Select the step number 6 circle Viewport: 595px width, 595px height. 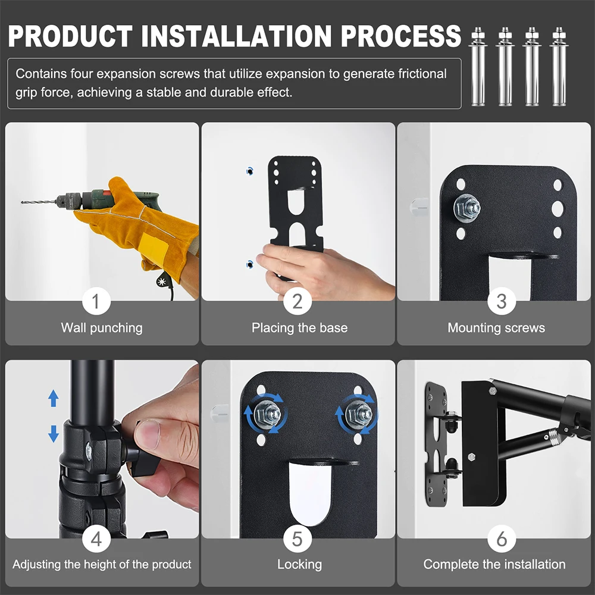501,540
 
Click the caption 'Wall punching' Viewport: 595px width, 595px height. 102,328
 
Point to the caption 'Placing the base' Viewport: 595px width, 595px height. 299,328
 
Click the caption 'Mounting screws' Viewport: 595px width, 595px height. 496,328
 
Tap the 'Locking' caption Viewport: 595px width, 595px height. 299,564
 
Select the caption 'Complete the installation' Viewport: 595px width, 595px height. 494,564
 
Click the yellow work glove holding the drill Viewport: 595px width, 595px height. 143,220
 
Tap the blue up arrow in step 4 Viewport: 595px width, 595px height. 54,398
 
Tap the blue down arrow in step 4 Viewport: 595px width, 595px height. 54,433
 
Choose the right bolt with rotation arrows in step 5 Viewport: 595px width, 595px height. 358,412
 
